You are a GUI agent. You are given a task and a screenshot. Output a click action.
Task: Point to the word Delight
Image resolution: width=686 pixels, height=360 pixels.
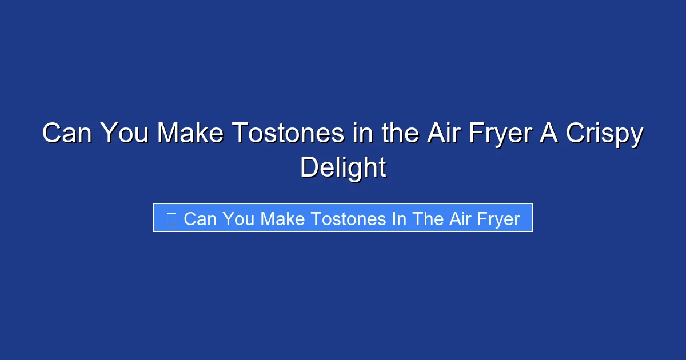(343, 169)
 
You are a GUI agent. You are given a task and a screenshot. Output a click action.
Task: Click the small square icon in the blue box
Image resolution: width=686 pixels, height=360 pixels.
(171, 219)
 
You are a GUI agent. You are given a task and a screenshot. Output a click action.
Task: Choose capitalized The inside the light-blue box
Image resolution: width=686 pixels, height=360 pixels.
(426, 219)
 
